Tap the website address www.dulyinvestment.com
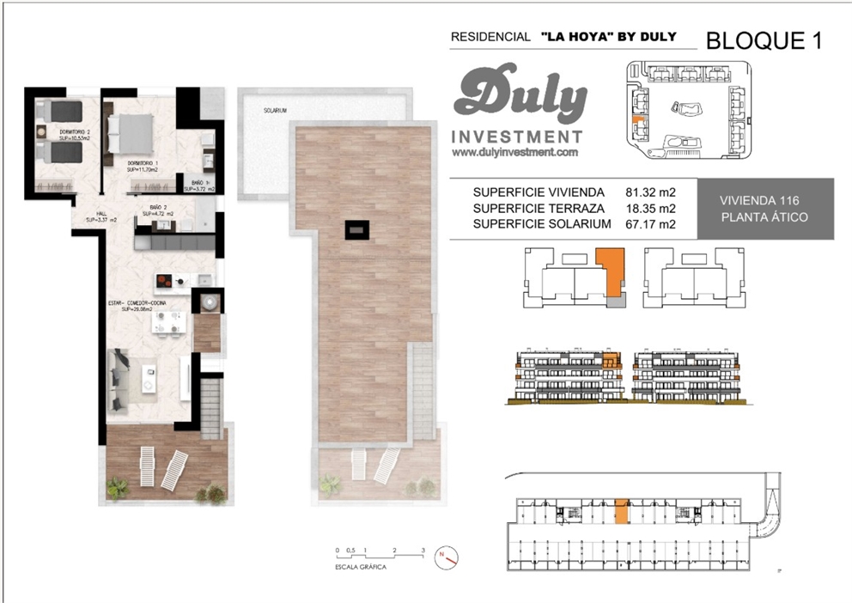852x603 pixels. point(514,152)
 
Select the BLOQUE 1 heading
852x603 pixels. point(764,40)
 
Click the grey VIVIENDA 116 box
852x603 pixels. point(764,208)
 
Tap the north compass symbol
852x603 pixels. point(446,557)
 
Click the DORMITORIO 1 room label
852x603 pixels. point(143,166)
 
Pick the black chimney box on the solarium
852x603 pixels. point(357,229)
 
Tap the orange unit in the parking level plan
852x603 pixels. point(623,510)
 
